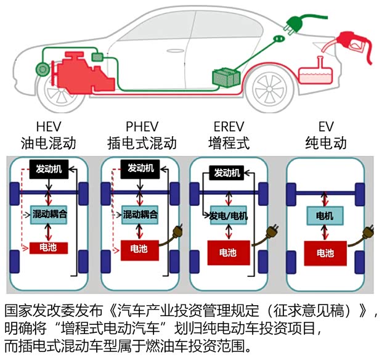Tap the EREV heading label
[x=229, y=126]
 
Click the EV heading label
[x=326, y=126]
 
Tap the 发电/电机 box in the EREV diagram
[x=229, y=216]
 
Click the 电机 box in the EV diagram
[x=325, y=216]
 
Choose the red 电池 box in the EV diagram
[x=325, y=252]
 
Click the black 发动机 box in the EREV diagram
[x=227, y=173]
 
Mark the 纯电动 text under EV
[x=326, y=144]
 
